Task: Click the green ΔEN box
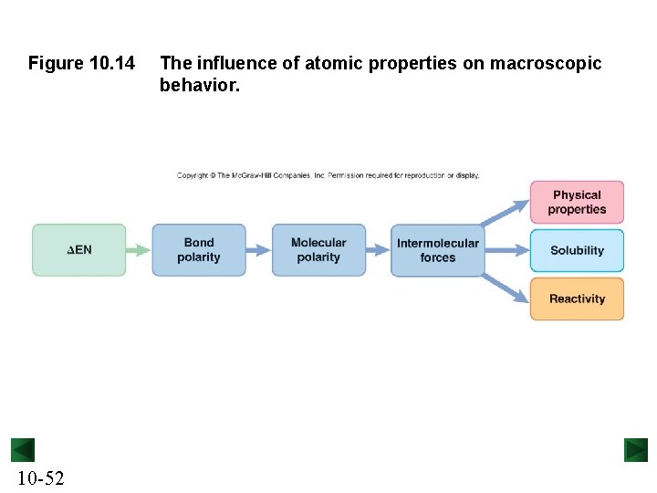(x=78, y=250)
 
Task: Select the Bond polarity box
(x=199, y=250)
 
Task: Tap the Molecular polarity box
(x=318, y=250)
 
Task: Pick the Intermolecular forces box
(x=437, y=250)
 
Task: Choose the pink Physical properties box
(x=577, y=202)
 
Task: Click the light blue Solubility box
(x=577, y=250)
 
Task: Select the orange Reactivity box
(x=577, y=299)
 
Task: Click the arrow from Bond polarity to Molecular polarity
(x=259, y=250)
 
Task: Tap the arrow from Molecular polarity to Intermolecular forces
(x=378, y=250)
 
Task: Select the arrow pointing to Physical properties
(x=505, y=213)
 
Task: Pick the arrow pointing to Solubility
(x=506, y=250)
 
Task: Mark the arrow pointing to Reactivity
(x=505, y=288)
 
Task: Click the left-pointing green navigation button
(x=23, y=450)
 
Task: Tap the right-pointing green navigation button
(x=635, y=450)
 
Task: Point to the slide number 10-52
(x=40, y=478)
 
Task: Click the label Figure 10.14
(x=81, y=64)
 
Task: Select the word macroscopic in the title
(x=546, y=64)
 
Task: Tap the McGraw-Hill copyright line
(x=328, y=175)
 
